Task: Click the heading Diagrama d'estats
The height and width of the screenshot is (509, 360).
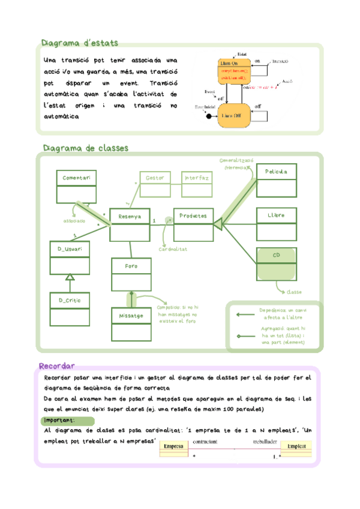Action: [79, 43]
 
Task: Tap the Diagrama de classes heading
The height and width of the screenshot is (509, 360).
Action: [85, 148]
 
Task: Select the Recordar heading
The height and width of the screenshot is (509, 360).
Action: [56, 366]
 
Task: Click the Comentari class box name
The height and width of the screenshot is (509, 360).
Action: [76, 178]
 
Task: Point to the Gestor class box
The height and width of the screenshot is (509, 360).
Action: [155, 178]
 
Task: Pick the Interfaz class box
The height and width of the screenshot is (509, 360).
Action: [196, 178]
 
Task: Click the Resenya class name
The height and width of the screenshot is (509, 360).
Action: [130, 216]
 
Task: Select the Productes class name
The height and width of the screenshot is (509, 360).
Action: [193, 216]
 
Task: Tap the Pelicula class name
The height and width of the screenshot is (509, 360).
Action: [276, 172]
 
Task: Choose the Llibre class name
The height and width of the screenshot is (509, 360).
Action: [276, 215]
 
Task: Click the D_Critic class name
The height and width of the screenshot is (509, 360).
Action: [70, 300]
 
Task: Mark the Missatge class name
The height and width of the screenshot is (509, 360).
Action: [131, 315]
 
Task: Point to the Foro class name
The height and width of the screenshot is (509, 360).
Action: [131, 266]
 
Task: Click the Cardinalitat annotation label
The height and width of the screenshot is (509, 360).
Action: [173, 249]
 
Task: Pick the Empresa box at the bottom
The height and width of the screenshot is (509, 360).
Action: [173, 447]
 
